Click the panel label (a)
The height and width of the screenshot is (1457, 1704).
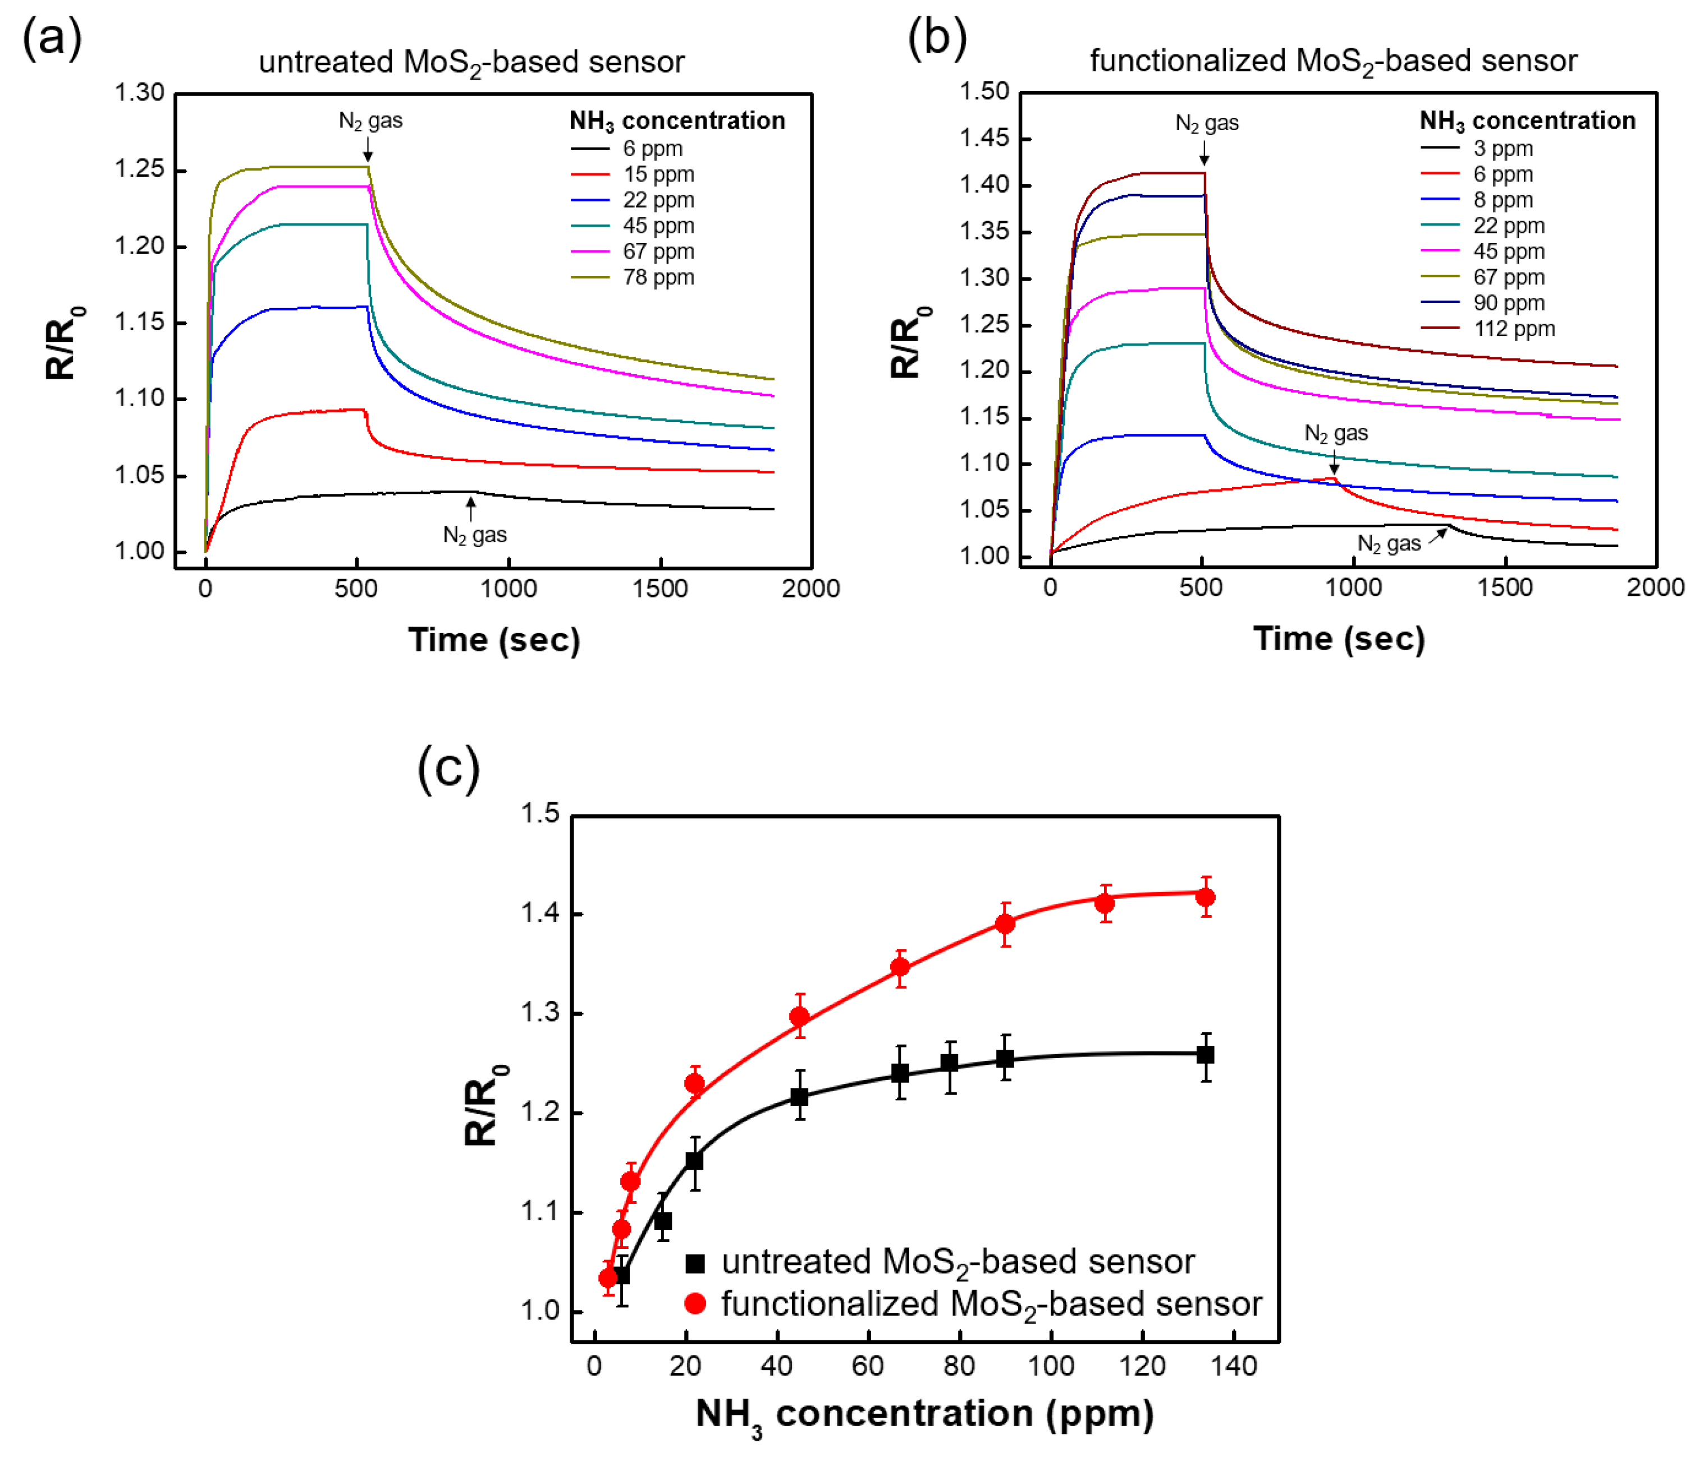coord(52,39)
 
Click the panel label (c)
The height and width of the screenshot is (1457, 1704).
coord(448,768)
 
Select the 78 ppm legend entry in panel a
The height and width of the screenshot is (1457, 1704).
coord(658,277)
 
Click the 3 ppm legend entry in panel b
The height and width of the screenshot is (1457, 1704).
coord(1503,149)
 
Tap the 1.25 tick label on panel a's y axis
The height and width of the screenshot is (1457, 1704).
coord(139,169)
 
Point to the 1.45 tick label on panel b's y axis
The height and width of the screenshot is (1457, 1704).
coord(984,137)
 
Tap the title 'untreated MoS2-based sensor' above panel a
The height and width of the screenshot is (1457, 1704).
coord(471,62)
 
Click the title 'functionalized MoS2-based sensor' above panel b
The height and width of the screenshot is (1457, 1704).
coord(1333,62)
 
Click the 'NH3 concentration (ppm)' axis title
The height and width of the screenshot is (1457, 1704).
coord(924,1414)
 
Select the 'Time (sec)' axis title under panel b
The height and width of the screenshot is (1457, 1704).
coord(1339,639)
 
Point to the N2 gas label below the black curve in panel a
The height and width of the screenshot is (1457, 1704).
coord(474,535)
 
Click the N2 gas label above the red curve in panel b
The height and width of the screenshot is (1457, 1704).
coord(1336,433)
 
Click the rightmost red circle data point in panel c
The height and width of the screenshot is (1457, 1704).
coord(1206,897)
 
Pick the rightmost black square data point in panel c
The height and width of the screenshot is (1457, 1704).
coord(1206,1054)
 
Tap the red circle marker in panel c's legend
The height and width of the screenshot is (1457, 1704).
coord(695,1303)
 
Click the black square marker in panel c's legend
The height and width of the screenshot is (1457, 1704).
coord(695,1263)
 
